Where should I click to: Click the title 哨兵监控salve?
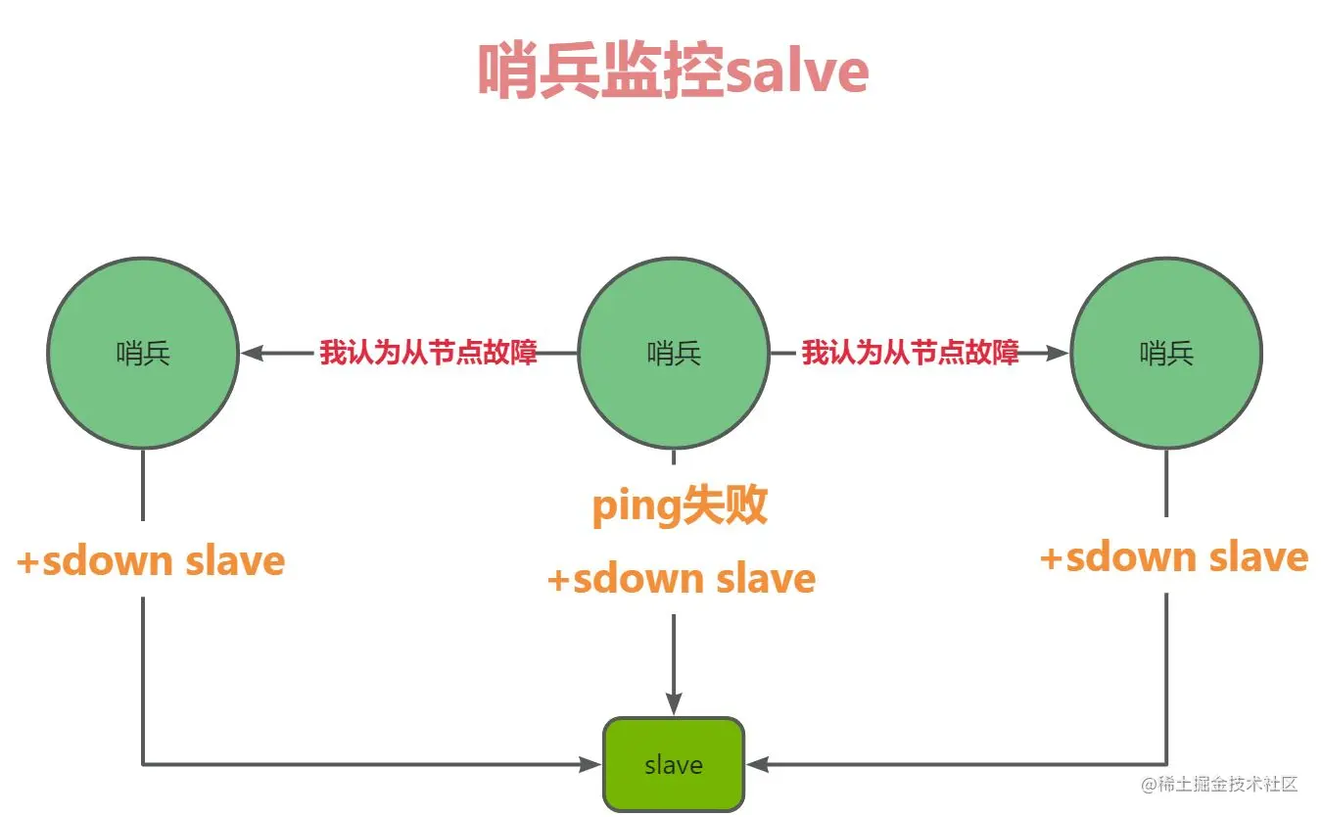click(673, 71)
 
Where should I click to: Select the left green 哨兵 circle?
click(143, 354)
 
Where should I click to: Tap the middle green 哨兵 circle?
click(674, 354)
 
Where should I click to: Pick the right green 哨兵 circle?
click(1166, 354)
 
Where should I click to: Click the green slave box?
click(674, 764)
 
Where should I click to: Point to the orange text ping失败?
click(680, 507)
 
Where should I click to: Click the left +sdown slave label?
click(151, 562)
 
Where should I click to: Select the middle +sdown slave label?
click(681, 579)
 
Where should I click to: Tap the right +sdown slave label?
click(1173, 557)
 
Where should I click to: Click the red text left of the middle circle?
click(429, 353)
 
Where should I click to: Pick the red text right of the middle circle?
click(911, 353)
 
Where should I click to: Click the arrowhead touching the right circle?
click(1058, 354)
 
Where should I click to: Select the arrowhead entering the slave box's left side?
click(590, 764)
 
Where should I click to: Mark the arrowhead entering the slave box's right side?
click(757, 764)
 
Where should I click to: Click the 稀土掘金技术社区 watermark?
click(1219, 785)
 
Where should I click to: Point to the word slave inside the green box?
click(674, 764)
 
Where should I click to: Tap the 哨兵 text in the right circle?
click(1166, 354)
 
